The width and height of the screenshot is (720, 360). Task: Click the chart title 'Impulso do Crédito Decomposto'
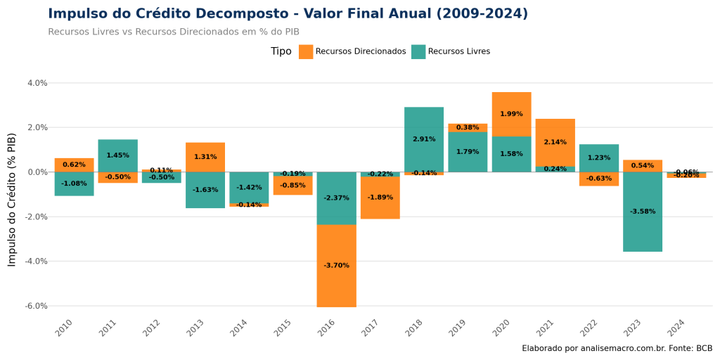point(288,14)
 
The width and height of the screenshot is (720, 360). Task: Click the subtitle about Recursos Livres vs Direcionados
point(174,32)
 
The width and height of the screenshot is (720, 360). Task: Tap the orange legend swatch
point(306,52)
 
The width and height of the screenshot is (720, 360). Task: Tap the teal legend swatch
point(418,52)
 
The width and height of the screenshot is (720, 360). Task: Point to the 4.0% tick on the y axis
point(37,83)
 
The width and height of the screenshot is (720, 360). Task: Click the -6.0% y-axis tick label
point(37,306)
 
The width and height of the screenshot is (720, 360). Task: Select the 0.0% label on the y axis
point(37,172)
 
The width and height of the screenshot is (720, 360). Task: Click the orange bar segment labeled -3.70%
point(336,266)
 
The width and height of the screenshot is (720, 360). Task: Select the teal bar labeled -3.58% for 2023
point(643,212)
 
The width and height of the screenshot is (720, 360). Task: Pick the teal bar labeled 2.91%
point(424,139)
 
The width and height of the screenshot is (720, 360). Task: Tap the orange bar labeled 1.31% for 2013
point(205,157)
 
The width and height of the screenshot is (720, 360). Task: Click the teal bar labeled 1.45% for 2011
point(117,155)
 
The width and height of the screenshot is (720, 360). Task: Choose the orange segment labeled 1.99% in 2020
point(511,114)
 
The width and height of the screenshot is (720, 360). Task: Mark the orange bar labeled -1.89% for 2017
point(380,198)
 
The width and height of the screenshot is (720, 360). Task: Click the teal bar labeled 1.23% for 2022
point(599,158)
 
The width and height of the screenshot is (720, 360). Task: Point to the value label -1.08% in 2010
point(74,184)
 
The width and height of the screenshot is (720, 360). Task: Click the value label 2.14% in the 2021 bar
point(555,143)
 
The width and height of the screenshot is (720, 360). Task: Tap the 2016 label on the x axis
point(328,327)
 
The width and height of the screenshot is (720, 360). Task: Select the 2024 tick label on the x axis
point(677,327)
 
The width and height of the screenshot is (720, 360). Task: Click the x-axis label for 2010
point(65,327)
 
